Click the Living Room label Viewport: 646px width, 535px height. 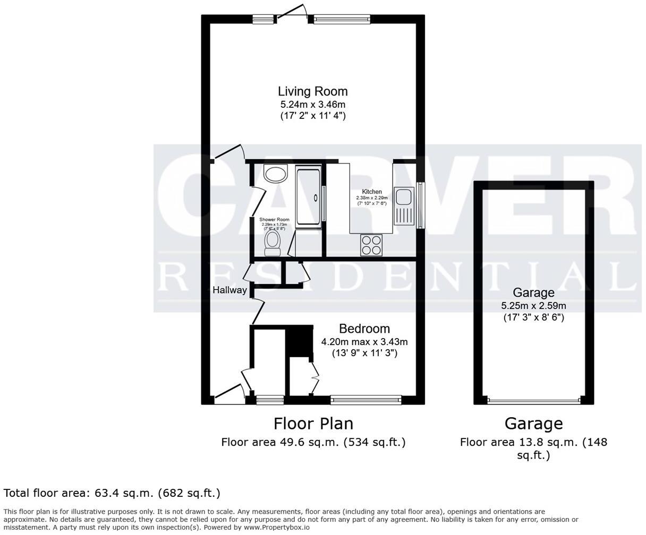click(312, 91)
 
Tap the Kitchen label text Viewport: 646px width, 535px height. click(372, 192)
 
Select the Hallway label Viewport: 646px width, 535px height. click(229, 290)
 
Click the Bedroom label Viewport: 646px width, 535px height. click(364, 329)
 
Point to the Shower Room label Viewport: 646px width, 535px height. click(274, 220)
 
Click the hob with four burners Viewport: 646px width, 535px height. click(371, 245)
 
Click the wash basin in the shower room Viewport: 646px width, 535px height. click(275, 174)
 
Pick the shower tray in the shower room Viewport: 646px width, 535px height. click(308, 196)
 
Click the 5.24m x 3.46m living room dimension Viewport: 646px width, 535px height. click(312, 105)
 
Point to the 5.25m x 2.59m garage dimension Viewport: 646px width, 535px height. click(533, 306)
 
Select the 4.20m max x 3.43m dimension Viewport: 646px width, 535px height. click(364, 342)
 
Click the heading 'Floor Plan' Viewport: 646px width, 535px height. click(313, 424)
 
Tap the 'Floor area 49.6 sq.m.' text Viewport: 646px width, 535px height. click(313, 442)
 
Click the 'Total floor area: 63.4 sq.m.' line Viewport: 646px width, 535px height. click(112, 494)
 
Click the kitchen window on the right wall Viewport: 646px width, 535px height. click(421, 205)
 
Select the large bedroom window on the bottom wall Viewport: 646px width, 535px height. click(365, 399)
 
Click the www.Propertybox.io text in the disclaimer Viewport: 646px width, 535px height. click(276, 528)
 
